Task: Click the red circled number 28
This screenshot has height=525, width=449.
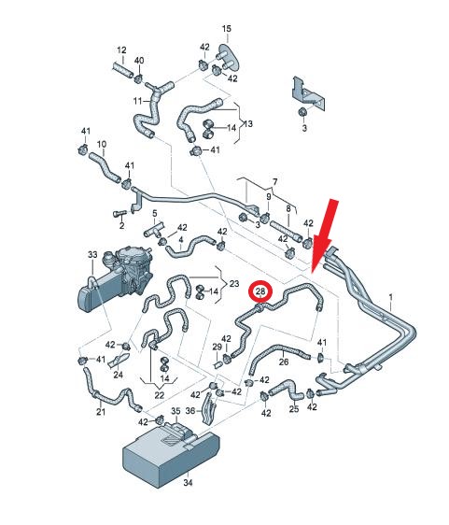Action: point(260,291)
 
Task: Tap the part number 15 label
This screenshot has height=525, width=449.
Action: point(227,29)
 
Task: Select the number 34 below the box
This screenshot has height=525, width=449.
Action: point(188,482)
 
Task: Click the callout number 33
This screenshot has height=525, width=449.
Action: point(92,254)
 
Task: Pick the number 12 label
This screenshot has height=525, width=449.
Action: point(121,50)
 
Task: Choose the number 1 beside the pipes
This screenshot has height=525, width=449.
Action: point(391,297)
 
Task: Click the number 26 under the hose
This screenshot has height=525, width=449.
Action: point(284,362)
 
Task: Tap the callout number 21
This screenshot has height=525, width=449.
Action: point(101,411)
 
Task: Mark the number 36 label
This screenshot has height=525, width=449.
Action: point(190,410)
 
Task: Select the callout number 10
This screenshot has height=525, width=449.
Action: point(102,144)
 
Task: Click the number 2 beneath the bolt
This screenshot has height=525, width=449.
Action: point(121,225)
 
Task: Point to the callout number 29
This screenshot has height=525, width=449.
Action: point(217,347)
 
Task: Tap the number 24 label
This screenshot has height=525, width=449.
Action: point(118,375)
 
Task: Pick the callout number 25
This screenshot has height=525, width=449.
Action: point(294,409)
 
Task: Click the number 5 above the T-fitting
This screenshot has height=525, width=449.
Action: point(155,213)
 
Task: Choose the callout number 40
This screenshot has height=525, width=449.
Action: point(139,61)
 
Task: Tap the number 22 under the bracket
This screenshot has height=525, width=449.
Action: point(160,395)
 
